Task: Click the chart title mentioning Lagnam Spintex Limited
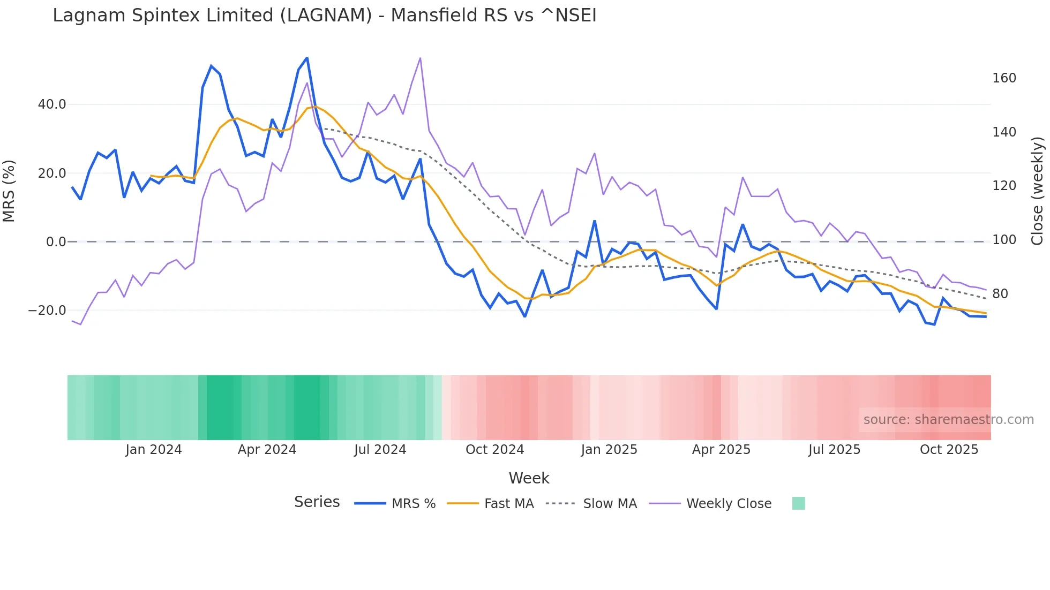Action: (x=324, y=16)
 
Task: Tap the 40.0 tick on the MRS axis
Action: (x=52, y=104)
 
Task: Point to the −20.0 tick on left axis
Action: (x=47, y=311)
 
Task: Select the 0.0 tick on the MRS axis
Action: (x=56, y=242)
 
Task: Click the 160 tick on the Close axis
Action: (x=1004, y=78)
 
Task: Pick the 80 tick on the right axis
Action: (x=1000, y=294)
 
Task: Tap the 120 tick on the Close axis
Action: (x=1004, y=186)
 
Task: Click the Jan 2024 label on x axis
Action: (x=154, y=450)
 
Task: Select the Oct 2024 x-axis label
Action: (x=494, y=450)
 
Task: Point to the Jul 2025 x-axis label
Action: (x=834, y=450)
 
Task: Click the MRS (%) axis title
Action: (x=9, y=191)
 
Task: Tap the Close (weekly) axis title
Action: (x=1038, y=191)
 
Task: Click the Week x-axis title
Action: (x=529, y=478)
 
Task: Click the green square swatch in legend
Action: (x=798, y=503)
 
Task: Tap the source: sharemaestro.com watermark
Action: (x=948, y=420)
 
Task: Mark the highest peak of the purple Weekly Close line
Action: (x=420, y=58)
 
